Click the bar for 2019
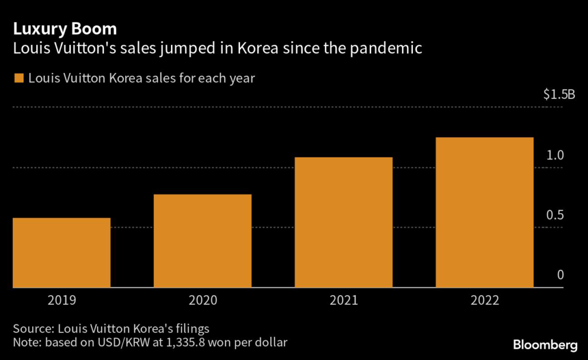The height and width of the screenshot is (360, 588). point(61,253)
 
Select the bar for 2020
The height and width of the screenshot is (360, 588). point(203,241)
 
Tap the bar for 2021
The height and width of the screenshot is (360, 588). point(343,222)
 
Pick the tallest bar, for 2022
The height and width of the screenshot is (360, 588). point(484,212)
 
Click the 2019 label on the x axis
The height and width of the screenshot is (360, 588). point(61,300)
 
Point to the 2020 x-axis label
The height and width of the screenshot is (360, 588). point(203,300)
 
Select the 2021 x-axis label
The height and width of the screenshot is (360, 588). point(343,300)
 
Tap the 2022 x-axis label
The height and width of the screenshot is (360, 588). point(484,300)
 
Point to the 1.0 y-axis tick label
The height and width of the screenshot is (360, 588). point(555,155)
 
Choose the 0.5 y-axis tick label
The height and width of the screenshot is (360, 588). point(555,215)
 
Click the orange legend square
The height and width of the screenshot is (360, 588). point(19,78)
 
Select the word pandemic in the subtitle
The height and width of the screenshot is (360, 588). point(390,49)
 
